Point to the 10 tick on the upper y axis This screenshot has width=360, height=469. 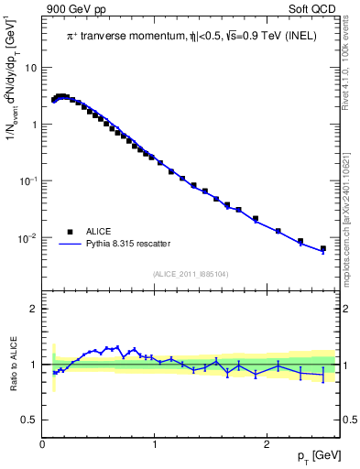click(31, 68)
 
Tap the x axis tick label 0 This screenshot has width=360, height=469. click(43, 444)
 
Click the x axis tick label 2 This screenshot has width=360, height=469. click(266, 444)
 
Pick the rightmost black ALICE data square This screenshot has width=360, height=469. click(322, 248)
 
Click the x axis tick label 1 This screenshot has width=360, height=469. click(155, 444)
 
